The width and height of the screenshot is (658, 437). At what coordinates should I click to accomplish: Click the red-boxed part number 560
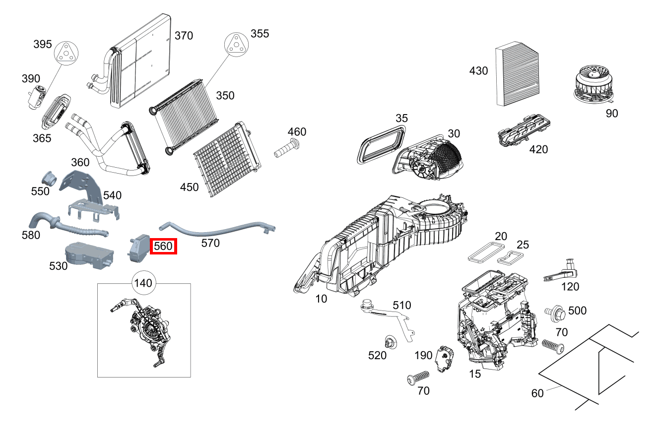click(164, 246)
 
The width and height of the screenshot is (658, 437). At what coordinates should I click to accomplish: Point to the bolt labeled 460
click(286, 148)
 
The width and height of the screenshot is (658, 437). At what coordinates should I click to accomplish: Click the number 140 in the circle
click(143, 284)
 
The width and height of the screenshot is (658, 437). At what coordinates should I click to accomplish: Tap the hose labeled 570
click(219, 230)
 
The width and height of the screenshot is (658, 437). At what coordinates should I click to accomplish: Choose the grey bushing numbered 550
click(50, 177)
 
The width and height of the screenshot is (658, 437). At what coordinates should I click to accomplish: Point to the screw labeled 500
click(556, 312)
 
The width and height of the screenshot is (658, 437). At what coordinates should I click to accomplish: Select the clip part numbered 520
click(390, 342)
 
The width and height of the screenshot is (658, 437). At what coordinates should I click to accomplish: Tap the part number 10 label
click(322, 299)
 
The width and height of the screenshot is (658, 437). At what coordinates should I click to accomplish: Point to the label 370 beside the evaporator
click(184, 36)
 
